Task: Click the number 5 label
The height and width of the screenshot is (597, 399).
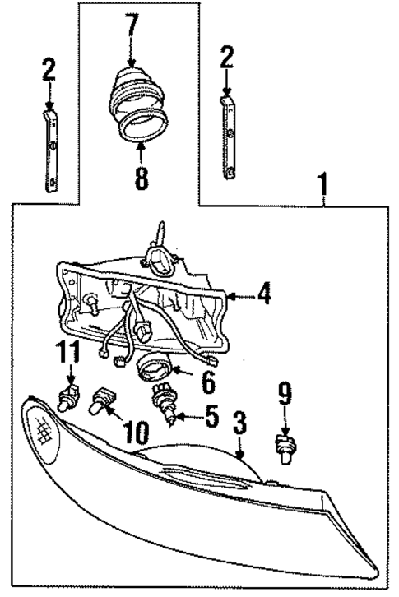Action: [x=211, y=417]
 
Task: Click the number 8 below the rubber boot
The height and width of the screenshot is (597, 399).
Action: [x=141, y=178]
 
